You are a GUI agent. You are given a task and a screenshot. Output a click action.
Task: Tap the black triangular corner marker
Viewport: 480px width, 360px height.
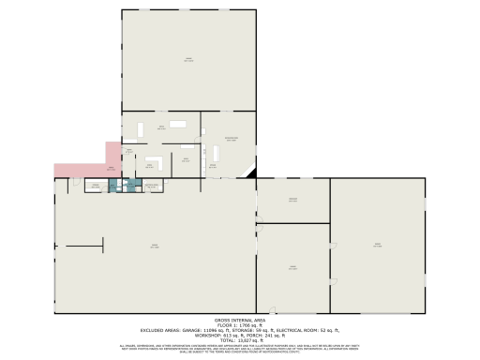pos(250,173)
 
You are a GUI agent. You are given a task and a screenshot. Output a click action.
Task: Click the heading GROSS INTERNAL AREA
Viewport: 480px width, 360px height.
pos(240,321)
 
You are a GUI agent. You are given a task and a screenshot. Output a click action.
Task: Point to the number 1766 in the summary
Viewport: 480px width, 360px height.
pos(246,325)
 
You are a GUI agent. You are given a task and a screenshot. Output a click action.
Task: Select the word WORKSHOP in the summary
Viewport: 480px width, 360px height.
pos(207,335)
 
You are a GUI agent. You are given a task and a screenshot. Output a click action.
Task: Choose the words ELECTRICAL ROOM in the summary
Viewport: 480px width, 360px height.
pos(294,330)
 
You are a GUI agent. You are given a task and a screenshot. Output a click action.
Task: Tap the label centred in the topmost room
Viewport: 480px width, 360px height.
pos(187,61)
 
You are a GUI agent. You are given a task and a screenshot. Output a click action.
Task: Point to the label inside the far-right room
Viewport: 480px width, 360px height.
pos(377,246)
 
